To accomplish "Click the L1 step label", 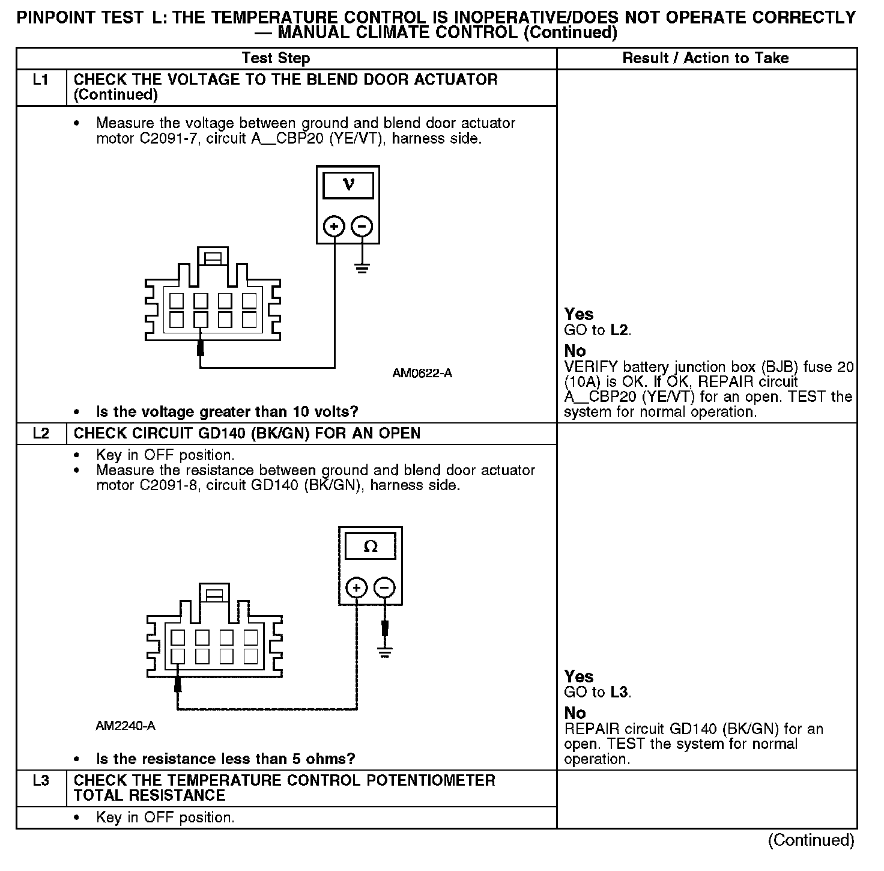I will pos(40,80).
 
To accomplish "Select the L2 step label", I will pos(40,434).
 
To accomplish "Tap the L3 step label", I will pos(40,781).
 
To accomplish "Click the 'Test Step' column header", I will pos(276,58).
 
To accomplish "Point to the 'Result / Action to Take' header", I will pos(706,58).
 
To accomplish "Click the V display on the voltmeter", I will pos(348,185).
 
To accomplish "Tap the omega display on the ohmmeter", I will pos(371,547).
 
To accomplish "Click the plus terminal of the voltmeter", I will pos(334,226).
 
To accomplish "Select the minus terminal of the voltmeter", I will pos(362,226).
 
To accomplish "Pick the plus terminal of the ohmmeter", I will pos(357,587).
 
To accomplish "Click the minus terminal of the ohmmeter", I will pos(385,587).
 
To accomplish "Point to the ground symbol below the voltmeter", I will pos(362,267).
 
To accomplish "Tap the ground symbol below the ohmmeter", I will pos(385,651).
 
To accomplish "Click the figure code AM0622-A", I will pos(422,374).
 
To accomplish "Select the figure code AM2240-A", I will pos(126,726).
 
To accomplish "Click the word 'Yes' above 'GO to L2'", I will pos(579,314).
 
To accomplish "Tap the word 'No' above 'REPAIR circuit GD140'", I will pos(575,713).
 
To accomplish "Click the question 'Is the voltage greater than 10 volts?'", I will pos(227,412).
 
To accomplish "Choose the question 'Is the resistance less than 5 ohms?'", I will pos(226,759).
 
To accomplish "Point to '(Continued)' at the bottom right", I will pos(811,840).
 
